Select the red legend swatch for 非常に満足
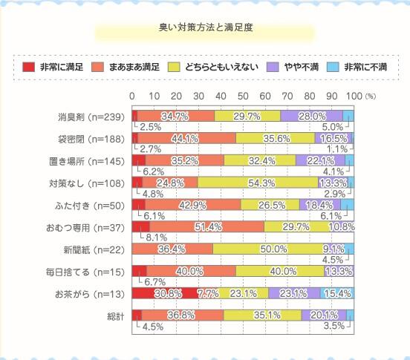[29, 67]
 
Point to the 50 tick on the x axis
[243, 96]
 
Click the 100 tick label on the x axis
[354, 96]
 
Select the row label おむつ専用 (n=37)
[87, 227]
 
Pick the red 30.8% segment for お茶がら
[165, 294]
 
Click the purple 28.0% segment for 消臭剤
[311, 116]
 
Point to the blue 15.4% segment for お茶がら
[336, 294]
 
